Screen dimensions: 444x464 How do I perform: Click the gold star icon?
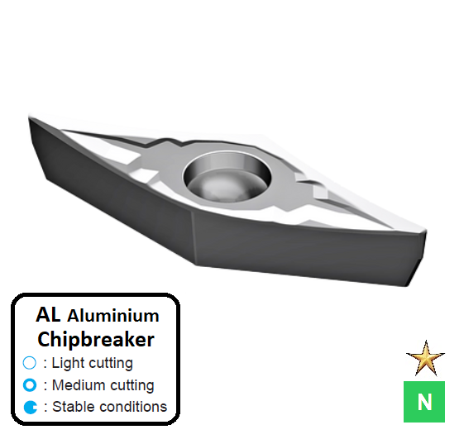425,360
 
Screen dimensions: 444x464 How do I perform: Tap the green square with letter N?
424,402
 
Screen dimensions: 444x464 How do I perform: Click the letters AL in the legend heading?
49,315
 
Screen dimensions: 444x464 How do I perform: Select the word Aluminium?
112,316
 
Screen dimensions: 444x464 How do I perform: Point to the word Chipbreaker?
96,339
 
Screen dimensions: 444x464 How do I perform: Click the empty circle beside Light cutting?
30,363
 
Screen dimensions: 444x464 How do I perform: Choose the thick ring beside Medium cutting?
30,384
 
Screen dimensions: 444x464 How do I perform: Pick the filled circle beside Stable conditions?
30,407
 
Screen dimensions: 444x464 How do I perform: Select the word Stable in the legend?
73,407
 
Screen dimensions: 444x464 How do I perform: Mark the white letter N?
424,402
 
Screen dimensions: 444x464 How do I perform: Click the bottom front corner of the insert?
195,266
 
